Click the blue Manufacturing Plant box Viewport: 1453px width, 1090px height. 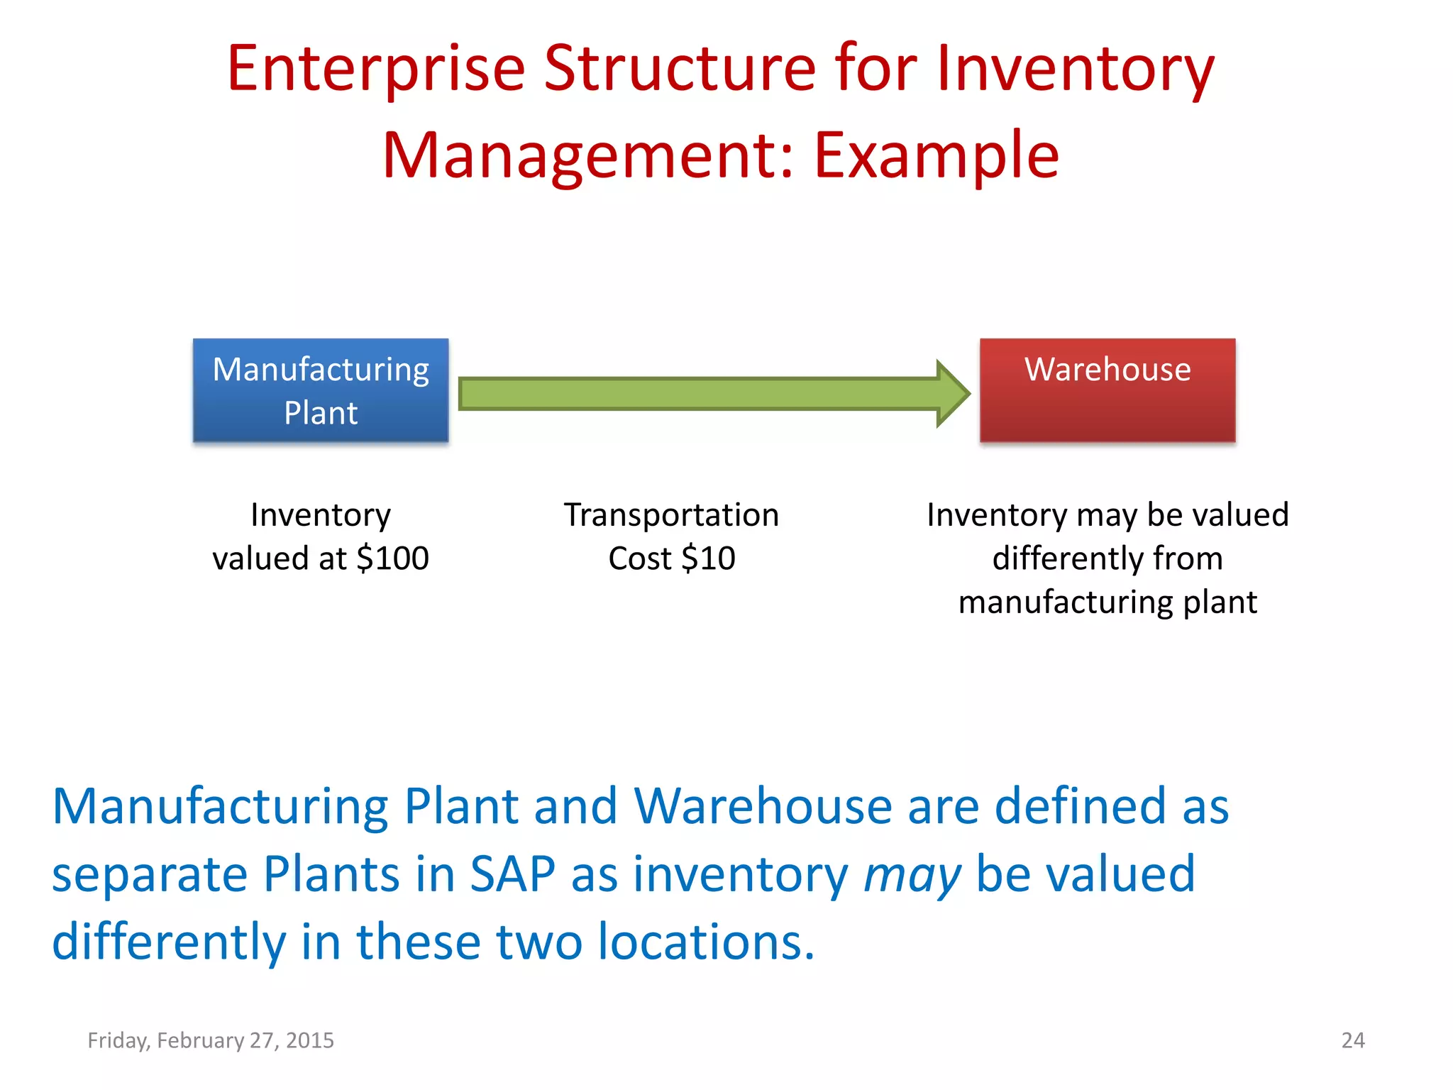(x=320, y=390)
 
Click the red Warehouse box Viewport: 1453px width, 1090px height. (x=1107, y=391)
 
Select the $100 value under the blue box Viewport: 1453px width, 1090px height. (x=392, y=558)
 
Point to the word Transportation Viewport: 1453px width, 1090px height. (x=671, y=514)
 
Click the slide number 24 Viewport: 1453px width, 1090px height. (x=1352, y=1040)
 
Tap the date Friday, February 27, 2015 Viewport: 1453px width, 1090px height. (x=210, y=1040)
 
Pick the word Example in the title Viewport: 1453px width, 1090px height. (x=937, y=155)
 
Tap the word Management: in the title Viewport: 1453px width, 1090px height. (x=589, y=155)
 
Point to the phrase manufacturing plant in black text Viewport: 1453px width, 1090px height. (x=1107, y=602)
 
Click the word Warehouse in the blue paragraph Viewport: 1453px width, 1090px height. (x=763, y=807)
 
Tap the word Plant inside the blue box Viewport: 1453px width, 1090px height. (x=321, y=413)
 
